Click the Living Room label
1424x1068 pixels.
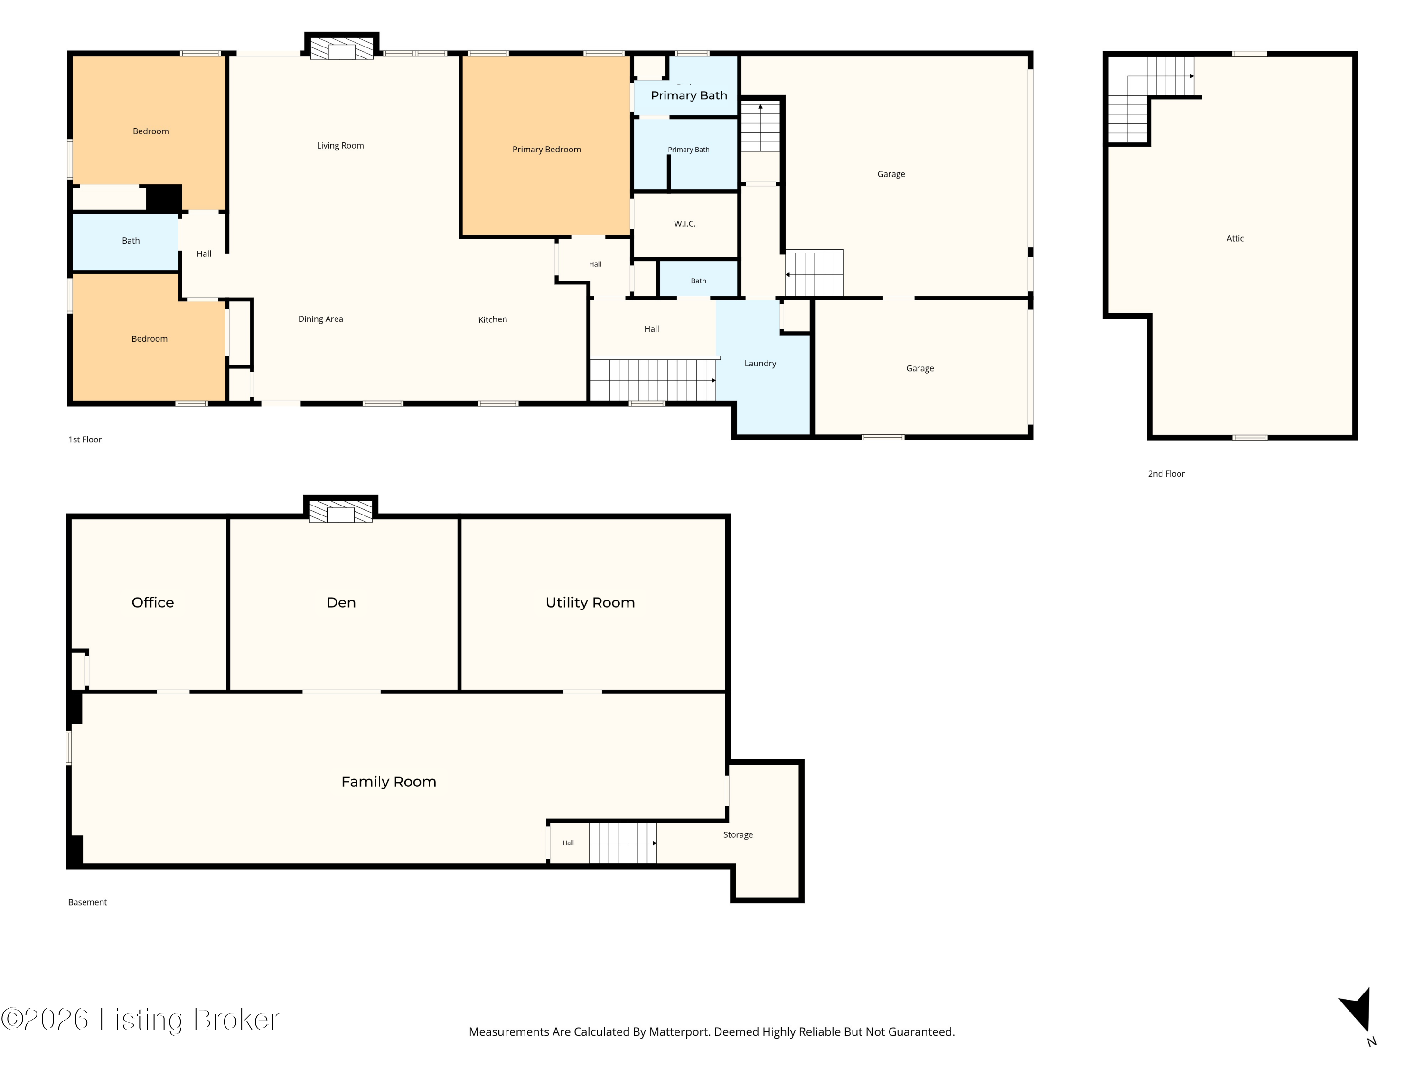click(x=340, y=146)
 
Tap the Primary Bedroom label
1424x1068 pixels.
click(x=546, y=150)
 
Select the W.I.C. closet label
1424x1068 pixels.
click(x=684, y=224)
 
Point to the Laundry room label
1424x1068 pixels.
click(x=760, y=363)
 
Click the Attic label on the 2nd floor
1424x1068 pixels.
click(x=1235, y=238)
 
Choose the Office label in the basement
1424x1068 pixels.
click(x=152, y=602)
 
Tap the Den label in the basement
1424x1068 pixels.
click(x=341, y=602)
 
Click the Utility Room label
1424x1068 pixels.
click(x=590, y=602)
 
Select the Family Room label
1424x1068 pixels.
click(x=389, y=781)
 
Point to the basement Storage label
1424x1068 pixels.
click(x=738, y=835)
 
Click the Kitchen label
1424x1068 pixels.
click(x=493, y=319)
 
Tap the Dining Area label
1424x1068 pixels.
click(x=320, y=319)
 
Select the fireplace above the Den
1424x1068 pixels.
click(x=340, y=510)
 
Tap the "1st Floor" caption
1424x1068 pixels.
click(x=85, y=440)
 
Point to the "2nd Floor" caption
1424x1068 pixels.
click(x=1166, y=474)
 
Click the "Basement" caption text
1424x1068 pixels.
click(x=87, y=902)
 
